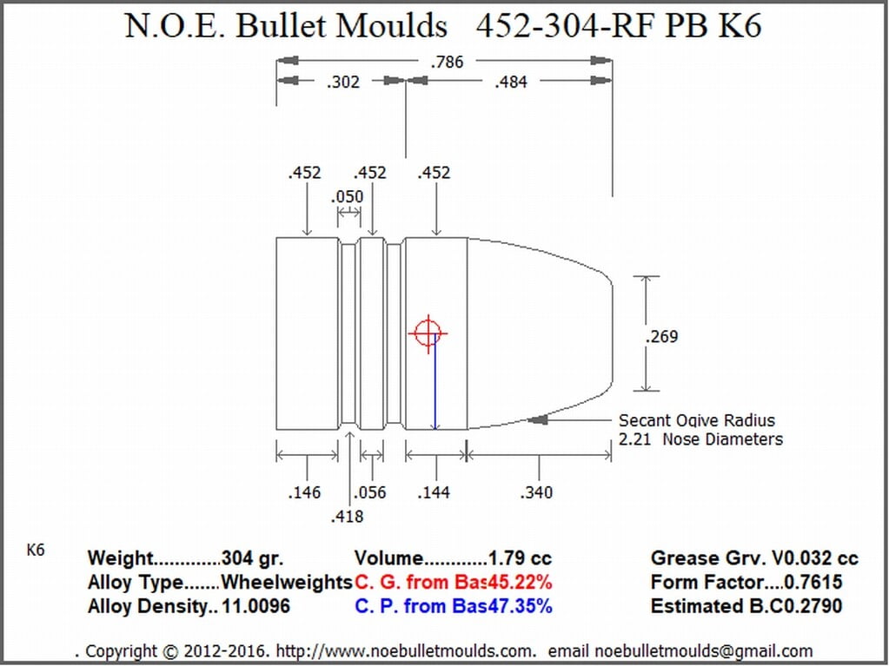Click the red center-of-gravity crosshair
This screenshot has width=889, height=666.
coord(428,333)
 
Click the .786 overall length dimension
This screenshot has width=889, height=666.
coord(447,62)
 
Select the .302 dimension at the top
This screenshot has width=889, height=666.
coord(343,82)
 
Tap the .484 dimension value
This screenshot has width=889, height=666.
coord(511,82)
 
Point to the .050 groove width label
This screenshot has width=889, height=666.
coord(347,197)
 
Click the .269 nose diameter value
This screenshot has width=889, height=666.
coord(661,337)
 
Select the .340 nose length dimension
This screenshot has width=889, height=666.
coord(536,492)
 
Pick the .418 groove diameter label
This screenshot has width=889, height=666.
coord(347,517)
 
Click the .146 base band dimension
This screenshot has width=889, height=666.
coord(304,492)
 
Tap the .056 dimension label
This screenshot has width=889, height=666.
coord(369,492)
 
